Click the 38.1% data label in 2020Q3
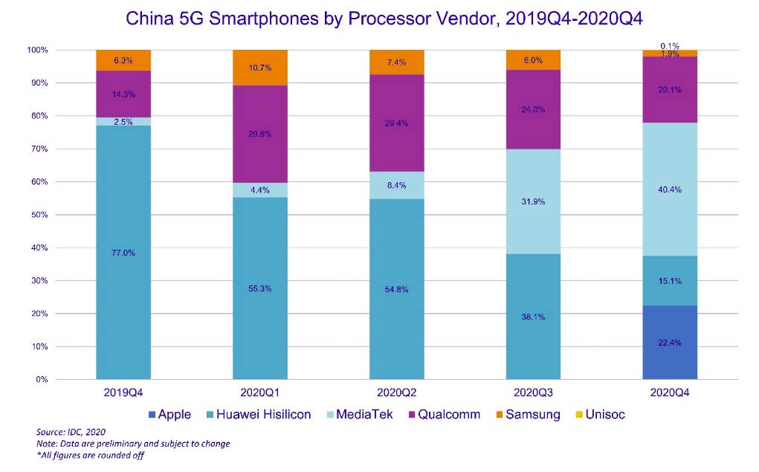[x=533, y=317]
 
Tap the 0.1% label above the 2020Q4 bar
[x=670, y=45]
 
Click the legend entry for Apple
[x=169, y=415]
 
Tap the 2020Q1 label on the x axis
[x=260, y=392]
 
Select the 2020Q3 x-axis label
[x=533, y=392]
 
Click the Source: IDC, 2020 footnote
[x=72, y=432]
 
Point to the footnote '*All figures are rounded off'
[x=90, y=456]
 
